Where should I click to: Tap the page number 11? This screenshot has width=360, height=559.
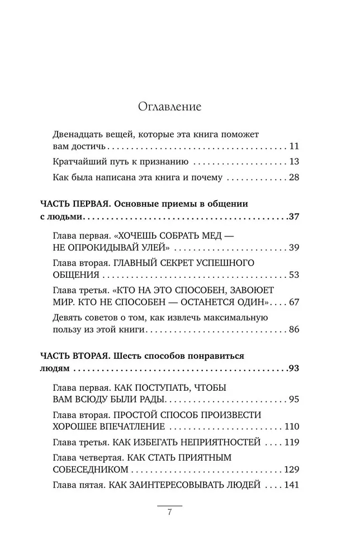295,147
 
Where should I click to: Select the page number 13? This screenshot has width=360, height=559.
295,162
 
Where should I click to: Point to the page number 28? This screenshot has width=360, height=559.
295,178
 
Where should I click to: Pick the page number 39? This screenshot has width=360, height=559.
295,247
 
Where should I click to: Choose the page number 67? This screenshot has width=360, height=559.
295,302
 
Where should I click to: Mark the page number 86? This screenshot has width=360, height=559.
295,329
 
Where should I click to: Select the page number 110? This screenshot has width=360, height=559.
292,427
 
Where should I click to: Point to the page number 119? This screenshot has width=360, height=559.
292,442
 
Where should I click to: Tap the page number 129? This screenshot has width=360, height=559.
292,470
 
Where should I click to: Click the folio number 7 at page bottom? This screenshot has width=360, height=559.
169,515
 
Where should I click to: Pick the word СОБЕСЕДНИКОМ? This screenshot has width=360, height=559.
85,470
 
